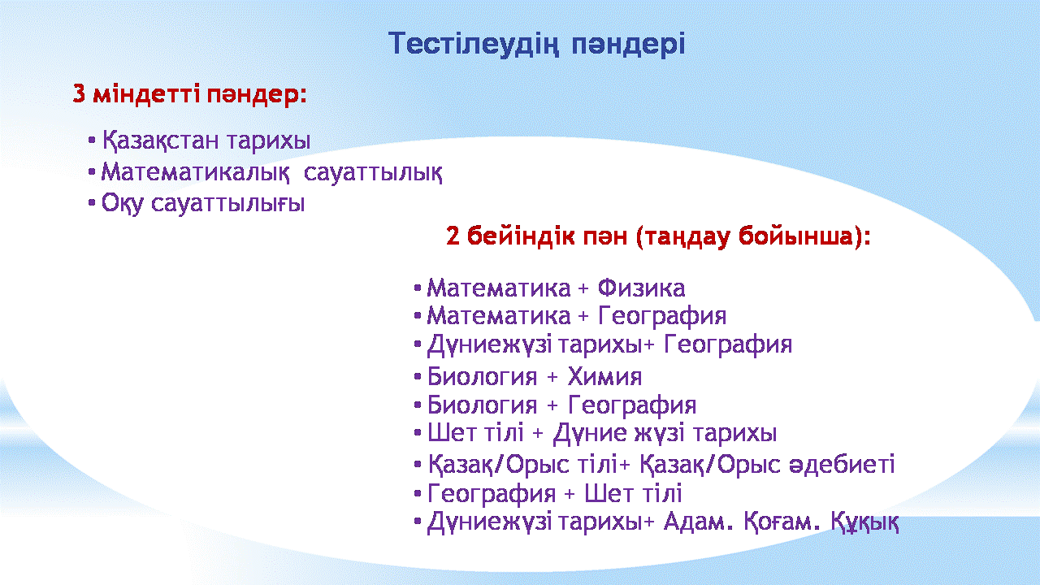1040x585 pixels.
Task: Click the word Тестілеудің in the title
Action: click(474, 45)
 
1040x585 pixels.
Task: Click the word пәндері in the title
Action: click(628, 45)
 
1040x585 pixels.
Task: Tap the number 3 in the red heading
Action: click(79, 93)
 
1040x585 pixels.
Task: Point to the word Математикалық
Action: click(196, 173)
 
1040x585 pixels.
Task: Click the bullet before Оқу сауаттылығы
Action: click(92, 203)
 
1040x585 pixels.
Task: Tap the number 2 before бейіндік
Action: click(453, 236)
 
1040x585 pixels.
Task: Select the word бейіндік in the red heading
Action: click(526, 236)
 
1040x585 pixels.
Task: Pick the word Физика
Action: click(641, 288)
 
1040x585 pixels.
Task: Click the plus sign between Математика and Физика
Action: click(583, 288)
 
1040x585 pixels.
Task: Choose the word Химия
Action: click(604, 376)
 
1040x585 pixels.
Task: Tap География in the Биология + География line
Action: click(632, 405)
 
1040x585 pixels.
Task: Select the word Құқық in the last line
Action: click(864, 522)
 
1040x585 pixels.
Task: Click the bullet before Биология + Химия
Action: click(418, 376)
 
